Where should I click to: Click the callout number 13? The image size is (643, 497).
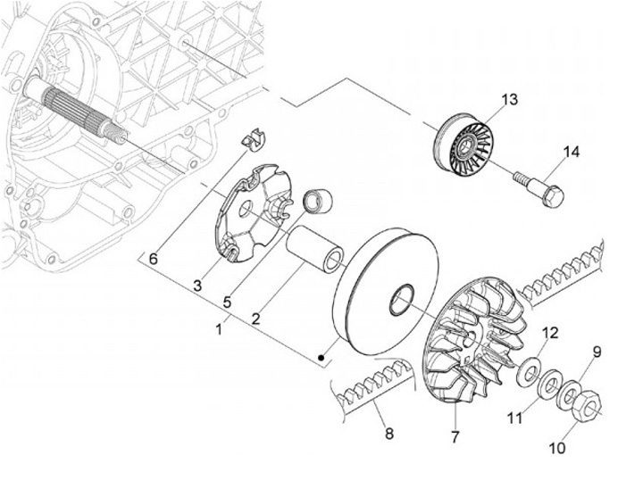(508, 99)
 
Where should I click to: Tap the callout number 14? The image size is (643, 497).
(571, 153)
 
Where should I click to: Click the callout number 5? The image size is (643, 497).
(228, 302)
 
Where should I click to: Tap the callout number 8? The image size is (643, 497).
(388, 435)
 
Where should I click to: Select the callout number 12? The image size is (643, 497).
(550, 333)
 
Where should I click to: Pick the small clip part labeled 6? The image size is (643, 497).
(255, 140)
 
